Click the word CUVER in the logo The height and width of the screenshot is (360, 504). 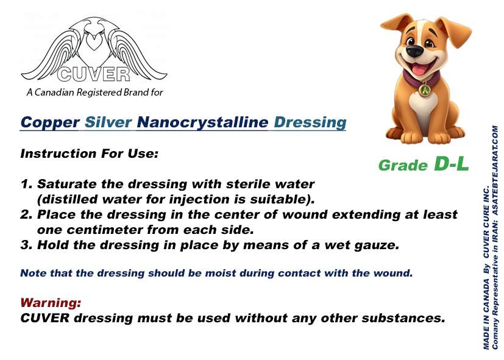[94, 74]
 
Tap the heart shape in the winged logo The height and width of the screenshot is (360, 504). [94, 42]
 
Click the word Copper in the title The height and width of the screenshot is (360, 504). [50, 122]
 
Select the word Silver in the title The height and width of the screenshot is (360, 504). [108, 122]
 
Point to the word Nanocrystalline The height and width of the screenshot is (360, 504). [202, 122]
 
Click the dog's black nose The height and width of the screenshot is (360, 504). [414, 51]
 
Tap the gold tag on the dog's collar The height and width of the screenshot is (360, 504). [425, 90]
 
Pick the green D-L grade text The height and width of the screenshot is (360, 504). [452, 163]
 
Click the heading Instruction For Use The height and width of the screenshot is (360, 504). [90, 154]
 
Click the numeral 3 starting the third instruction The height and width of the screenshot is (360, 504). [26, 245]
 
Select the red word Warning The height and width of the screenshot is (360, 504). [51, 303]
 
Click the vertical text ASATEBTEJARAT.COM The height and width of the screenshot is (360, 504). [495, 170]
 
